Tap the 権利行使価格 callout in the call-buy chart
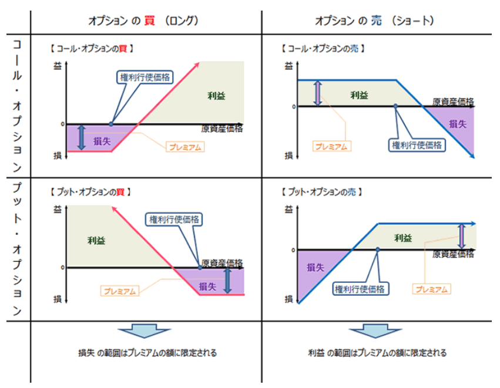click(144, 77)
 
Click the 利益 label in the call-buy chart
click(216, 95)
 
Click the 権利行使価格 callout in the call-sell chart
click(417, 144)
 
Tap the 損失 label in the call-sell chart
click(457, 124)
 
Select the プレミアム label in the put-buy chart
click(122, 291)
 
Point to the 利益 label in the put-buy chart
click(96, 239)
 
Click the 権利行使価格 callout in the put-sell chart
click(360, 289)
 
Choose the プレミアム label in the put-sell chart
click(432, 289)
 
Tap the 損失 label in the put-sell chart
click(316, 267)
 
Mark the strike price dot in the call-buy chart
click(111, 124)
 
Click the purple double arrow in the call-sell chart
click(318, 93)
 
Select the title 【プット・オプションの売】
click(321, 192)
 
